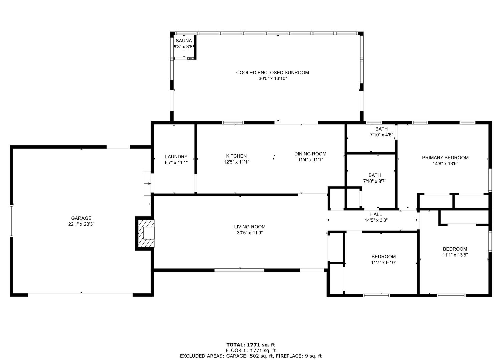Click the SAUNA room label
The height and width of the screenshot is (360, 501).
click(184, 41)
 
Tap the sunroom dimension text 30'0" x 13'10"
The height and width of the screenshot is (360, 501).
click(273, 78)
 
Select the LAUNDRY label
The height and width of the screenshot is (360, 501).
click(176, 157)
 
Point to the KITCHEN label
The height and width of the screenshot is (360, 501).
click(236, 156)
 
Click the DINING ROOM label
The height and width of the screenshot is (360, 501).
click(310, 154)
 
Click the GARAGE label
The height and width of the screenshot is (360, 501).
click(81, 218)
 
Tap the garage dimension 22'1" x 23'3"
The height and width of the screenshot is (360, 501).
click(81, 224)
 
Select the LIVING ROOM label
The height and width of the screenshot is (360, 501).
click(250, 227)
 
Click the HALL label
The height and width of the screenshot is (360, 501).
click(376, 214)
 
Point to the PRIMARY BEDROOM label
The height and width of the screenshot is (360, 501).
click(445, 158)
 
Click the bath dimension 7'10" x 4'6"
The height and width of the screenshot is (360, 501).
click(381, 135)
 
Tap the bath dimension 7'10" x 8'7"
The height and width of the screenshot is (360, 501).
click(375, 182)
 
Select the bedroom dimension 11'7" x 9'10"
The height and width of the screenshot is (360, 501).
click(384, 263)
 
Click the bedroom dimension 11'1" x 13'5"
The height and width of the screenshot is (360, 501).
click(455, 255)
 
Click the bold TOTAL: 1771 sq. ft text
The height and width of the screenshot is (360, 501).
click(251, 345)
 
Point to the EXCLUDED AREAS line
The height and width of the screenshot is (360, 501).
click(251, 356)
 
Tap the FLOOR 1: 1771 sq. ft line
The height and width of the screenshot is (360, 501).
click(251, 350)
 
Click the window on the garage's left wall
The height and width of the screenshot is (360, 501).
click(11, 221)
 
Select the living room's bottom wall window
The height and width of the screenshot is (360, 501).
click(239, 270)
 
